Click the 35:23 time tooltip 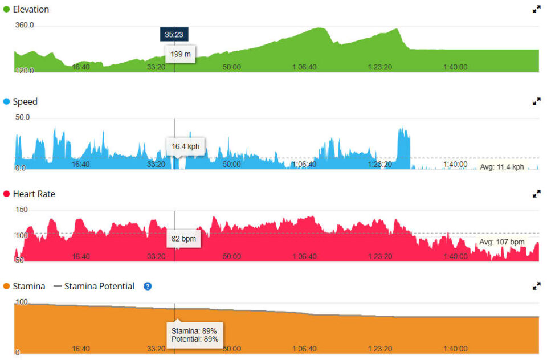point(174,35)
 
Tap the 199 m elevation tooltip point(181,54)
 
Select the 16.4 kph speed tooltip point(185,146)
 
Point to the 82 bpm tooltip point(183,239)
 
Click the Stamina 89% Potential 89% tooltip point(194,334)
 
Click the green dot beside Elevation point(7,10)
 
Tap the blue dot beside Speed point(7,102)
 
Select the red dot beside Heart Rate point(7,194)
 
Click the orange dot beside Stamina point(7,287)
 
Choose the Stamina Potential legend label point(99,287)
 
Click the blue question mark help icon point(148,287)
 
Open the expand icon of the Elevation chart point(536,10)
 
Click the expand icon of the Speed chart point(536,102)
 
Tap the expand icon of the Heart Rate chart point(536,194)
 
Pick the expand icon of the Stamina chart point(536,287)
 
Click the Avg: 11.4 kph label point(501,167)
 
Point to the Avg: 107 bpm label point(501,242)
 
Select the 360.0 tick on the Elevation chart point(25,25)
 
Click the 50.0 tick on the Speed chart point(23,117)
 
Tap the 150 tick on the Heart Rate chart point(21,210)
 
